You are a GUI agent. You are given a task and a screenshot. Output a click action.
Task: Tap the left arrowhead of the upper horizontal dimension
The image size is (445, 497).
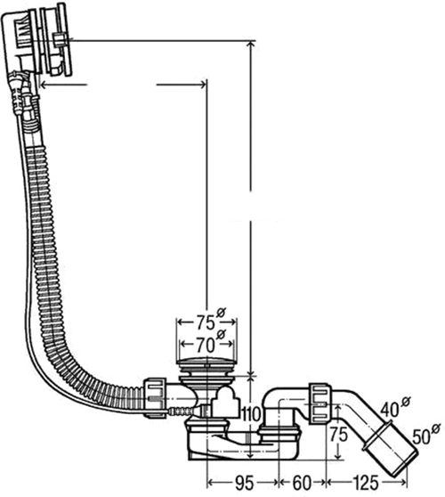click(x=43, y=86)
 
